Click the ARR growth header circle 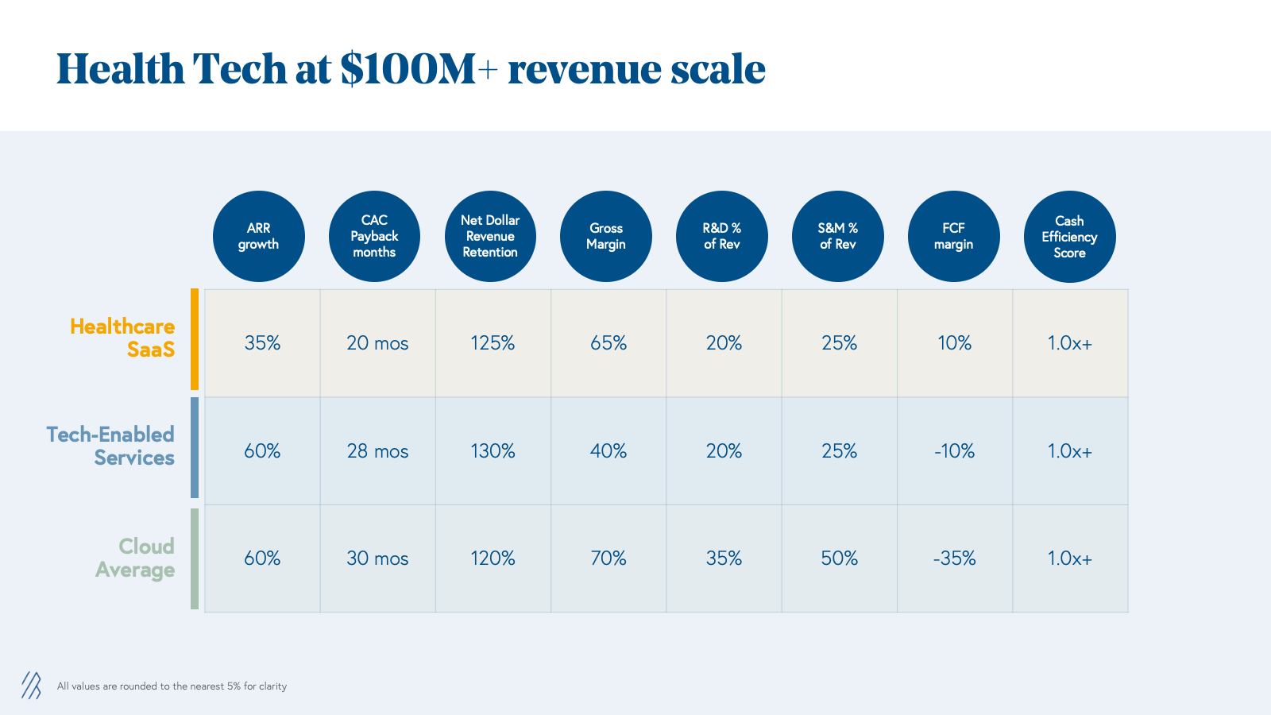click(x=259, y=237)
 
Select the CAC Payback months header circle click(x=374, y=237)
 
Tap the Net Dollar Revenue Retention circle click(x=490, y=237)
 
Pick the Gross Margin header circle click(x=606, y=237)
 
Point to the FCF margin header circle click(x=953, y=237)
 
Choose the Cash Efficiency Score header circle click(x=1069, y=237)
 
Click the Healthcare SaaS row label click(x=122, y=338)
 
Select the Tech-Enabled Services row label click(x=110, y=446)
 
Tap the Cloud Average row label click(x=136, y=558)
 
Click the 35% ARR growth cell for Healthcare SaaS click(x=262, y=343)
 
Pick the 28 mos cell click(x=377, y=451)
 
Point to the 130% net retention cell click(x=493, y=451)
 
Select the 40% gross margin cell click(x=608, y=451)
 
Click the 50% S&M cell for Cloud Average click(x=839, y=558)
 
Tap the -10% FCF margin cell click(x=954, y=451)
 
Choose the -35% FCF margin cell click(x=954, y=558)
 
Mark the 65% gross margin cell click(x=608, y=343)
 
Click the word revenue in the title click(x=583, y=70)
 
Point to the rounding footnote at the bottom click(x=172, y=686)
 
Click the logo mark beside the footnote click(x=31, y=685)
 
